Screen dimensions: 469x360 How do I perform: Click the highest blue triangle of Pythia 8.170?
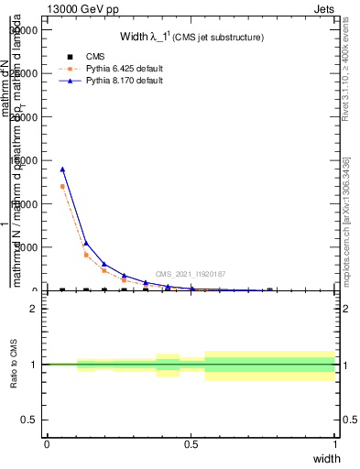(62, 169)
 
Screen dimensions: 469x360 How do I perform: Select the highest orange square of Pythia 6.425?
(62, 187)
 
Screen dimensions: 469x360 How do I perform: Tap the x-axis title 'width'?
(326, 457)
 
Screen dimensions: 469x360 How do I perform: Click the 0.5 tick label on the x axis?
(191, 443)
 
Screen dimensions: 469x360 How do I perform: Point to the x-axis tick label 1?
(335, 443)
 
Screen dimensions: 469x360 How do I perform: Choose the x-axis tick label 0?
(47, 443)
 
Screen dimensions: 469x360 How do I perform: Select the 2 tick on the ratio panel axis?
(34, 309)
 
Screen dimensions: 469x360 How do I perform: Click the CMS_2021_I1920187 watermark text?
(191, 274)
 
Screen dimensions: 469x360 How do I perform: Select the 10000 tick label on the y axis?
(23, 204)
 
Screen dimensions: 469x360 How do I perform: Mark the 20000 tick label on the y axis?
(23, 117)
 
